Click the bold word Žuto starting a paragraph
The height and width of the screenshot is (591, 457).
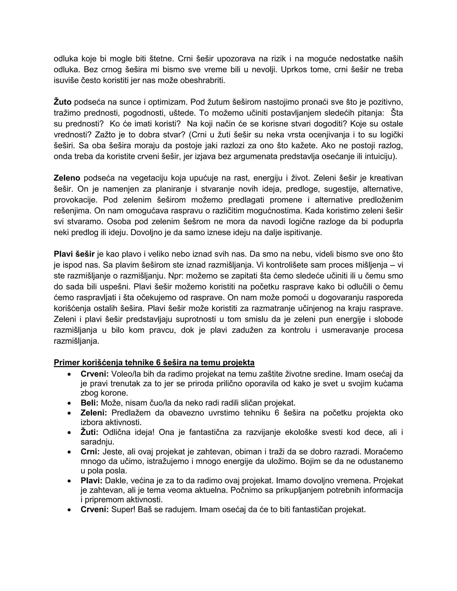coord(62,102)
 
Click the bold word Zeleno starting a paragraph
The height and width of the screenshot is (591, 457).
coord(67,178)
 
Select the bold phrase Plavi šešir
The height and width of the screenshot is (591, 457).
coord(74,254)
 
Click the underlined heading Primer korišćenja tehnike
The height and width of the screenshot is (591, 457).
coord(154,362)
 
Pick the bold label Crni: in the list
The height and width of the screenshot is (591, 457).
coord(90,452)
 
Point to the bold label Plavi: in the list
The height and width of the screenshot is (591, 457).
coord(91,481)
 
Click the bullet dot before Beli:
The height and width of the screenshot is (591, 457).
coord(70,403)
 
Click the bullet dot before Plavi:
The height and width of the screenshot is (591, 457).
coord(70,481)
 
